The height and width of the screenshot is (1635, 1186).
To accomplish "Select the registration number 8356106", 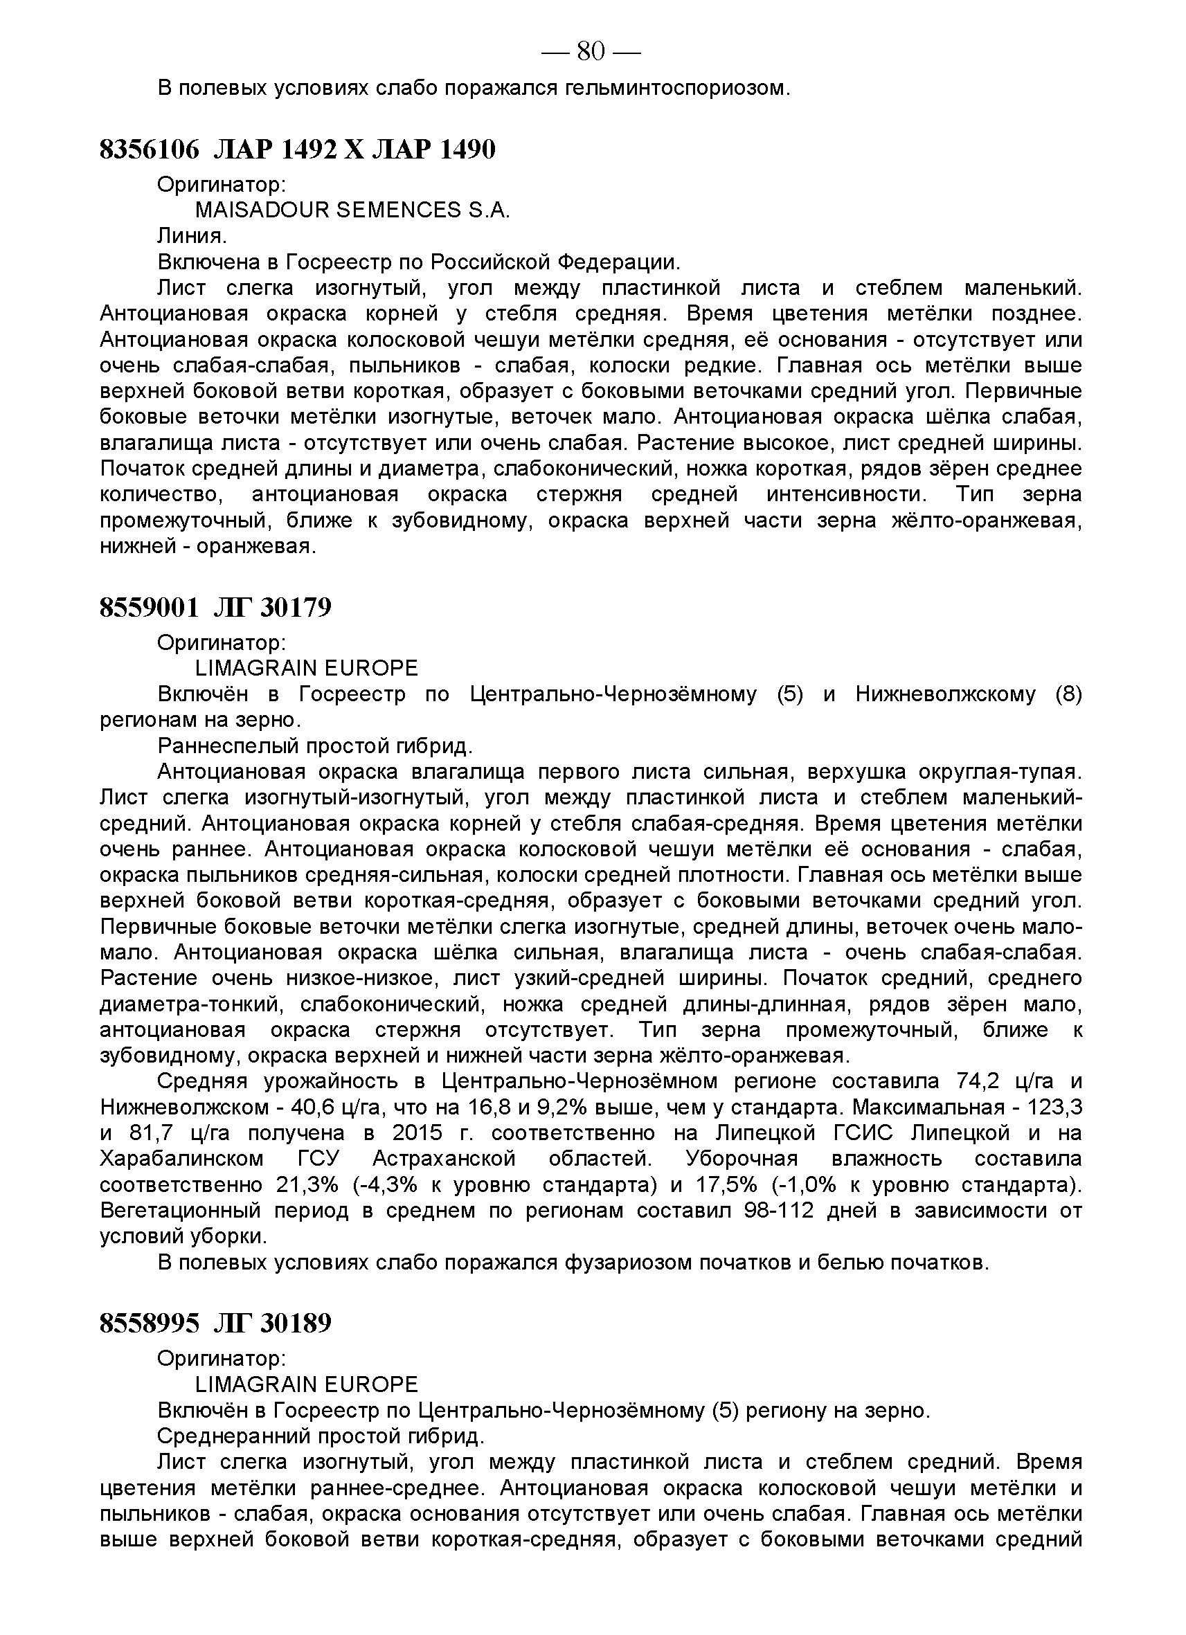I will click(x=149, y=150).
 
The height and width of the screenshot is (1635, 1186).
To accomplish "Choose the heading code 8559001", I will click(x=149, y=608).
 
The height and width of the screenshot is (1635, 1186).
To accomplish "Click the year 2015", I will click(x=417, y=1133).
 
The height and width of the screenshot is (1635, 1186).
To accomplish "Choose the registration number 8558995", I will click(x=149, y=1324).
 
